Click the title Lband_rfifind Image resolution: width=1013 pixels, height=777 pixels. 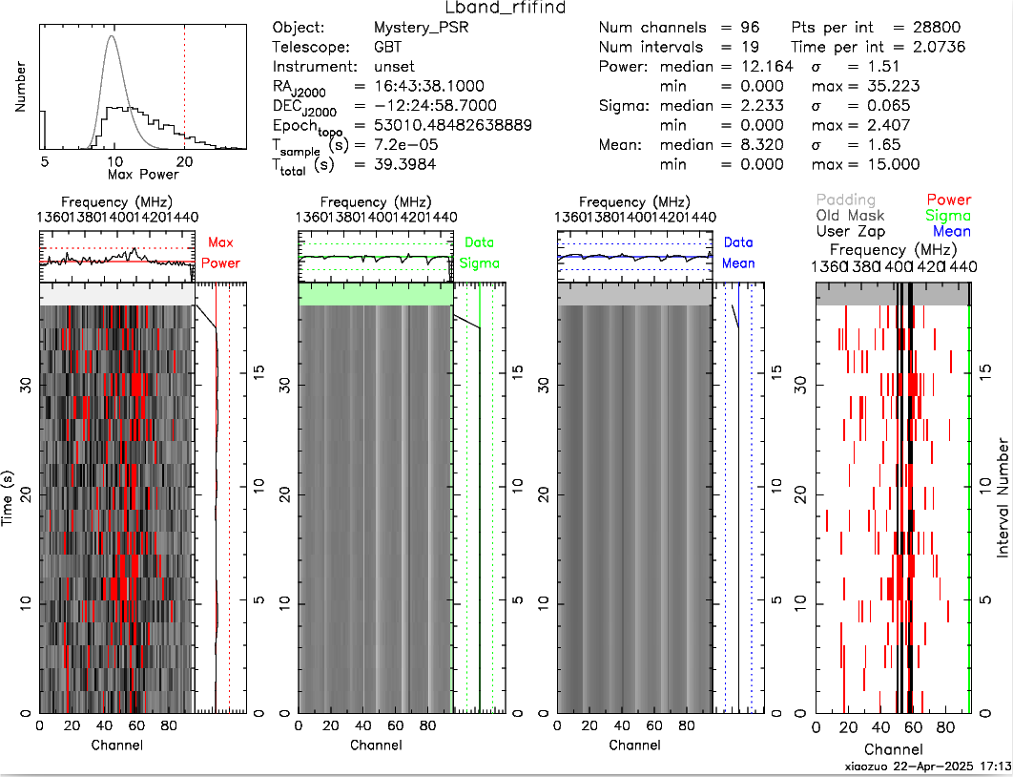[506, 9]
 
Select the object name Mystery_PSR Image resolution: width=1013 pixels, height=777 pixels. [422, 27]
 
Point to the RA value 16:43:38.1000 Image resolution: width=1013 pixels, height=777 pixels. [432, 86]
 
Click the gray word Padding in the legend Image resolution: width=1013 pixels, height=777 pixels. [845, 199]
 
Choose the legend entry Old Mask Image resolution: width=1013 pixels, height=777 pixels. [850, 216]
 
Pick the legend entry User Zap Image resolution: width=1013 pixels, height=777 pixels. [850, 232]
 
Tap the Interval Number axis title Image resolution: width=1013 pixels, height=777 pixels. [1003, 497]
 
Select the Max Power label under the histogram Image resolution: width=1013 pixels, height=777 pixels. [117, 175]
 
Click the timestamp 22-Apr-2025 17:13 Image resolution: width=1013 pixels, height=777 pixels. [954, 766]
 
